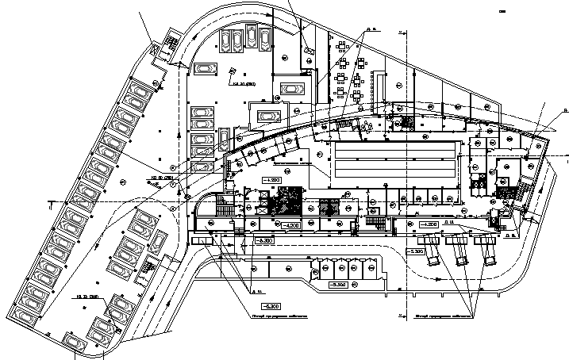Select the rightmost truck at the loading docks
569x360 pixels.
pos(486,255)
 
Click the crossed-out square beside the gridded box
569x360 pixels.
pos(156,47)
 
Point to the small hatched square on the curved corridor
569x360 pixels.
pos(407,122)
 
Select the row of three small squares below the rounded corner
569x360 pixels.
pos(203,241)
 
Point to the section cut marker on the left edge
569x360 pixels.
pos(49,202)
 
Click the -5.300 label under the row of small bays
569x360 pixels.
pos(339,284)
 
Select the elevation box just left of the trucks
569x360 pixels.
pos(415,251)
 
